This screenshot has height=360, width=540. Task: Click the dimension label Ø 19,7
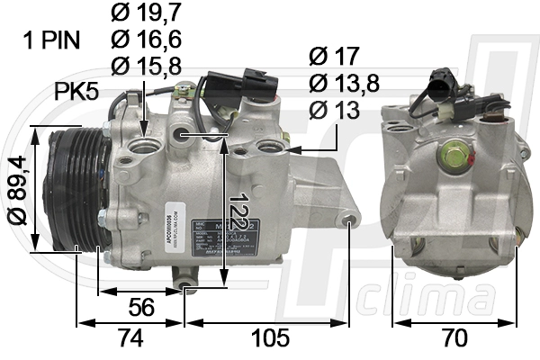145,13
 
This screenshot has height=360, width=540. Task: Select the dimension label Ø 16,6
145,40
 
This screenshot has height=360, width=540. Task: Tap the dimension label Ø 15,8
145,66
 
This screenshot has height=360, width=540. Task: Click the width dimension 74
131,338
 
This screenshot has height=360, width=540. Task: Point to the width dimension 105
271,338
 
